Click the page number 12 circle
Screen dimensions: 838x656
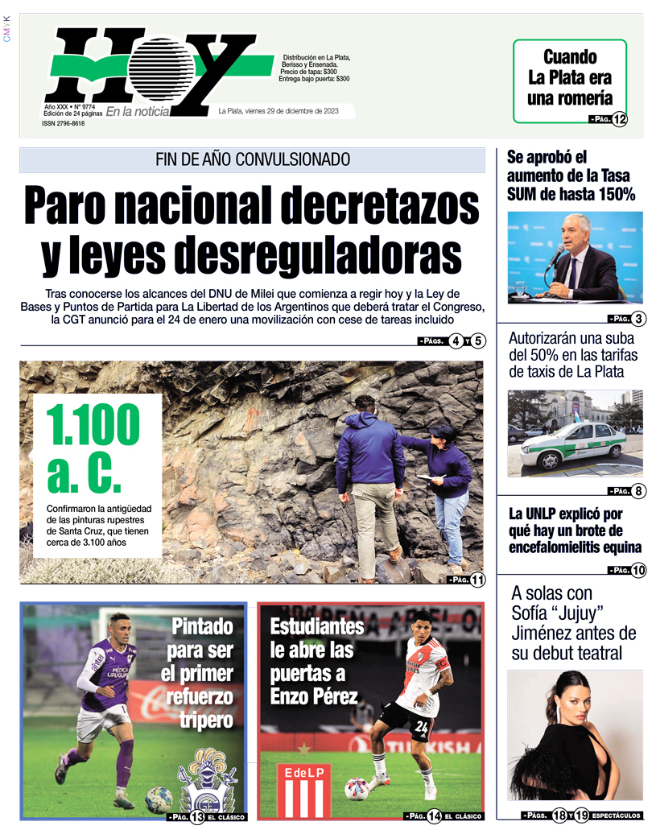619,120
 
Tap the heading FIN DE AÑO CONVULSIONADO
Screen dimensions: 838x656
252,159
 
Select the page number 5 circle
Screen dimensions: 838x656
479,341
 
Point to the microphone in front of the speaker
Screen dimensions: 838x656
555,257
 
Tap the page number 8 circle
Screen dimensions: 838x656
638,491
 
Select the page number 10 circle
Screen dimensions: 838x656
638,571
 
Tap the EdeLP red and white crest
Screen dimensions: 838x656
303,790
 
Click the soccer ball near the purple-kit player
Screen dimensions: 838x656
159,799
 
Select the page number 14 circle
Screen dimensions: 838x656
434,816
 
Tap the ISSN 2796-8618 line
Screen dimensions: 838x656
64,123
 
